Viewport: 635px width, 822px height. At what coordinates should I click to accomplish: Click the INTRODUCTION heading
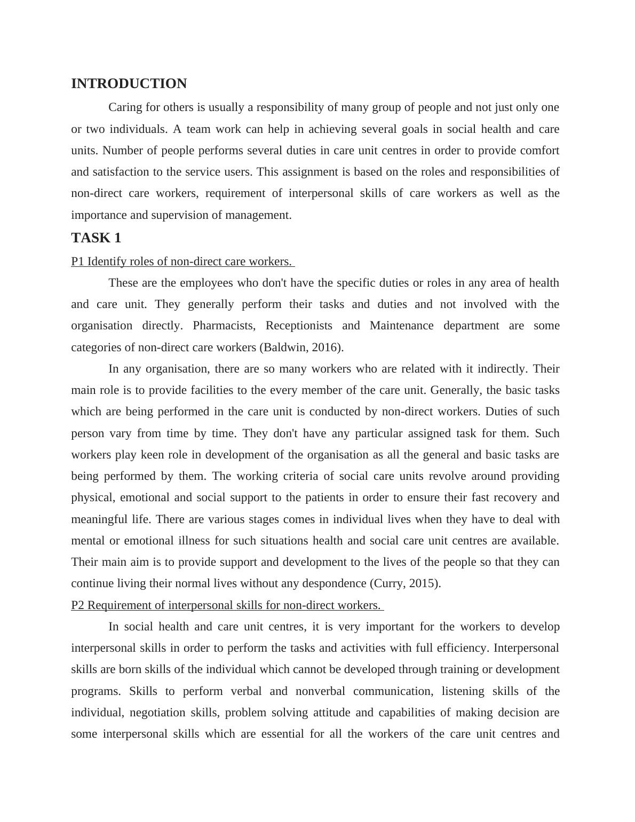coord(129,84)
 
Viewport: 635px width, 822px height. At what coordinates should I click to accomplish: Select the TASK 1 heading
coord(96,238)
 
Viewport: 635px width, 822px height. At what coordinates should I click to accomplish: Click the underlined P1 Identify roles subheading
coord(182,262)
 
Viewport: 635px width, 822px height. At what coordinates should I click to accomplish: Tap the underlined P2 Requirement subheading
coord(227,605)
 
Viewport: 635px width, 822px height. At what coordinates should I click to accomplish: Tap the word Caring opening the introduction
coord(126,107)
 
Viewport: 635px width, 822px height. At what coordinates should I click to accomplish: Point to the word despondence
coord(332,583)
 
